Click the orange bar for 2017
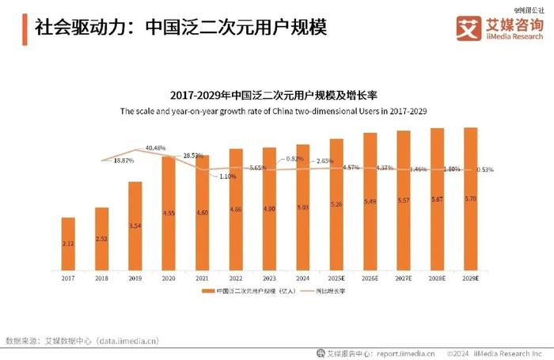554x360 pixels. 68,242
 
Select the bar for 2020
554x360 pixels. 169,212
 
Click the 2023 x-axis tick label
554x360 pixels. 269,278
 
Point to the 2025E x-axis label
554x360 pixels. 336,278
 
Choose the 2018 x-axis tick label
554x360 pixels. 101,278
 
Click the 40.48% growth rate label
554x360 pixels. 155,148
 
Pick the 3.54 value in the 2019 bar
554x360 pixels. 135,225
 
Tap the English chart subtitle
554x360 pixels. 273,112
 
